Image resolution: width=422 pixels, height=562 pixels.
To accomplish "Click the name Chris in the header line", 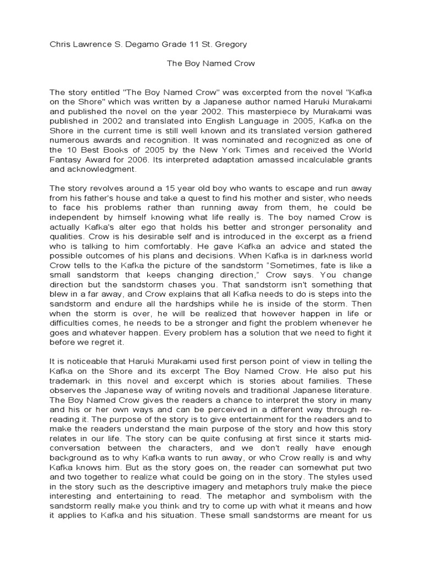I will (60, 44).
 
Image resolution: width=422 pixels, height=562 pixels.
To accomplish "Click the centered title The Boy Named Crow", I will (211, 64).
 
